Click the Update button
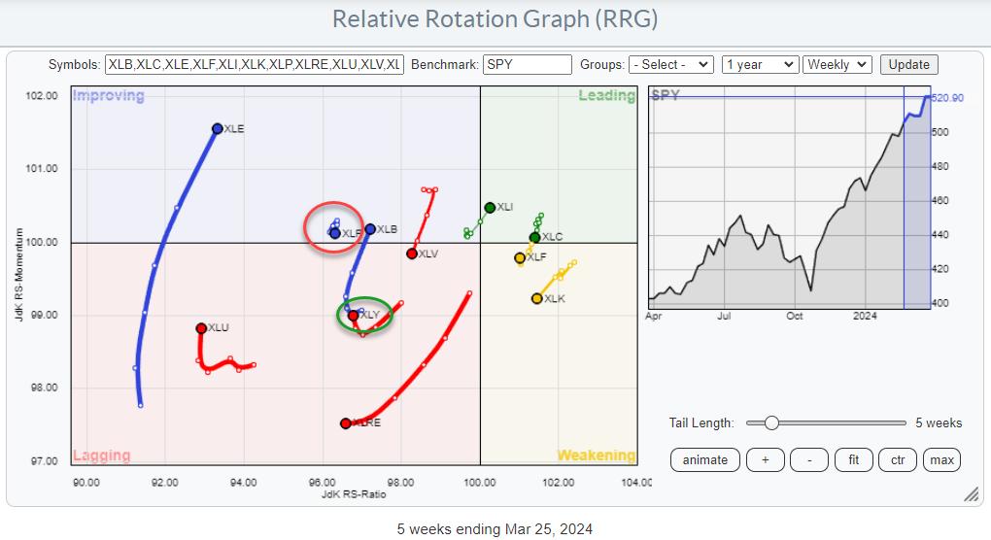pyautogui.click(x=909, y=65)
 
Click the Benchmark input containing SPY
pyautogui.click(x=527, y=65)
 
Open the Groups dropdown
pyautogui.click(x=670, y=65)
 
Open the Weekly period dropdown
pyautogui.click(x=839, y=65)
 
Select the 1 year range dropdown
pyautogui.click(x=759, y=65)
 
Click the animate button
pyautogui.click(x=705, y=459)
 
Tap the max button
pyautogui.click(x=941, y=459)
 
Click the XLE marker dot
pyautogui.click(x=218, y=128)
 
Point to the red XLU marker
pyautogui.click(x=201, y=328)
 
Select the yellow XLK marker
pyautogui.click(x=537, y=298)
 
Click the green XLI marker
pyautogui.click(x=490, y=207)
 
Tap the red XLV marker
pyautogui.click(x=412, y=253)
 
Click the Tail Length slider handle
pyautogui.click(x=771, y=422)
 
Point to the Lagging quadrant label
pyautogui.click(x=100, y=456)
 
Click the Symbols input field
pyautogui.click(x=254, y=65)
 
